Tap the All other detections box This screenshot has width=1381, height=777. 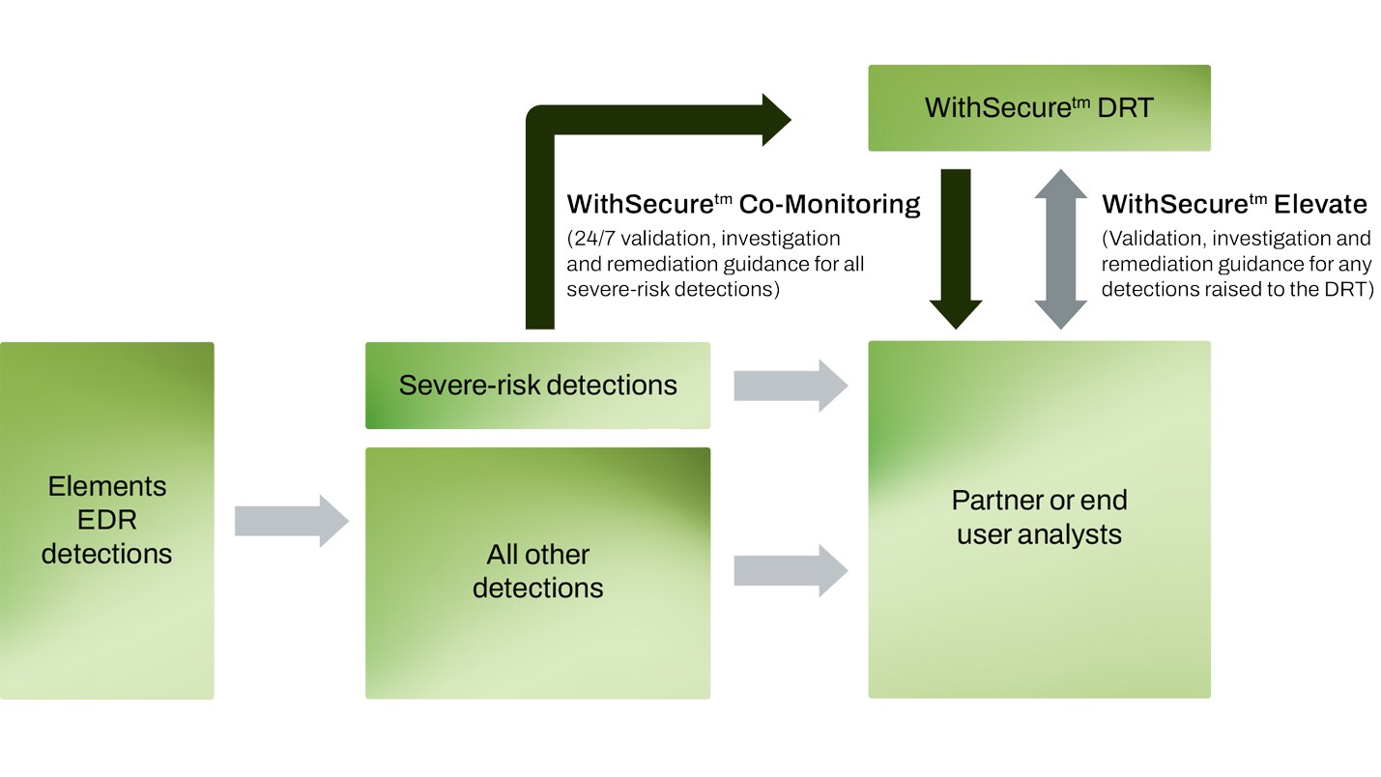[537, 638]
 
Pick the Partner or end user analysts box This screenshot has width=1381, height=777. [1039, 619]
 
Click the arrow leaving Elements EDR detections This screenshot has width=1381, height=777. [291, 521]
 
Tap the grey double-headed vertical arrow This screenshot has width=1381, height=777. [1060, 249]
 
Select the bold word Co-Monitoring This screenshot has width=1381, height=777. [829, 205]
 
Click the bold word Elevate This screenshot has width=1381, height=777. [1320, 205]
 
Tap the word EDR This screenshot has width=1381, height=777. [106, 520]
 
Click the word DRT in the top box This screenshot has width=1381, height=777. [1126, 107]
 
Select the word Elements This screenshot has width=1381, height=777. [106, 486]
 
